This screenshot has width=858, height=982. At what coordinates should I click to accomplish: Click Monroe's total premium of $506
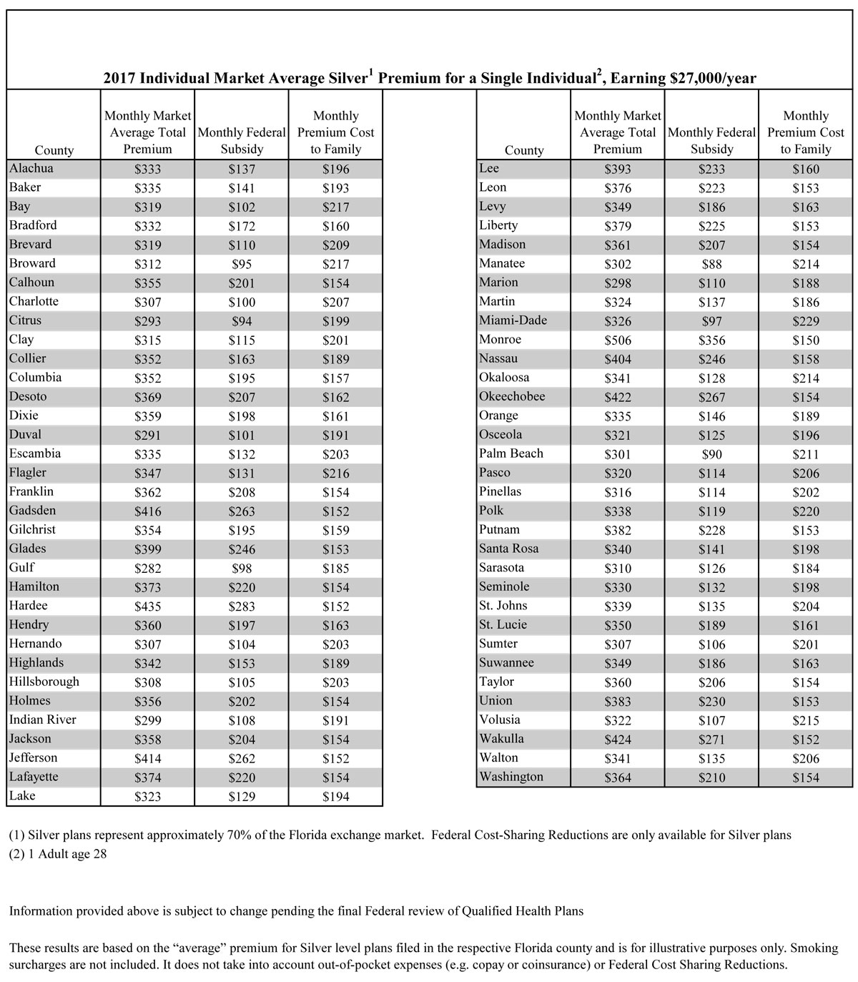pos(618,340)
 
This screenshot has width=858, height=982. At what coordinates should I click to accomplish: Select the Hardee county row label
pos(29,606)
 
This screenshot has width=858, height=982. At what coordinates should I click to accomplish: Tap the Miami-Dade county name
pos(513,320)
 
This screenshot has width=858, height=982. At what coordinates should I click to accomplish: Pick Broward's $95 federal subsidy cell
pos(242,264)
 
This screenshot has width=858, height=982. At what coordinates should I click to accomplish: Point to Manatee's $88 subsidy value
pos(711,264)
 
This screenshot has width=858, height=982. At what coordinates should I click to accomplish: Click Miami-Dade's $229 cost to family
pos(806,321)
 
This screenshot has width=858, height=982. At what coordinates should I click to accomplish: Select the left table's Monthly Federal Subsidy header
pos(242,141)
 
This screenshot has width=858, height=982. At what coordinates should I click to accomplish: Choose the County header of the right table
pos(524,150)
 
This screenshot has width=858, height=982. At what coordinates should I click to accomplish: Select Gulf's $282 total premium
pos(148,569)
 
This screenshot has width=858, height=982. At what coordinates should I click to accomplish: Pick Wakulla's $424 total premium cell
pos(618,740)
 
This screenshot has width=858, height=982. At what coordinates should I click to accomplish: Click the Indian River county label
pos(43,720)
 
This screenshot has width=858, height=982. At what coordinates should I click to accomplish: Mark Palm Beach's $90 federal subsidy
pos(711,454)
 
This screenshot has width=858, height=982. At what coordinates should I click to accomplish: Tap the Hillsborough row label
pos(44,682)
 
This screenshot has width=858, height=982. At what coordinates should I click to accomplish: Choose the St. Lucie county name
pos(503,624)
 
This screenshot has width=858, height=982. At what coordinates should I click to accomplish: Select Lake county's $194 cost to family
pos(335,797)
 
